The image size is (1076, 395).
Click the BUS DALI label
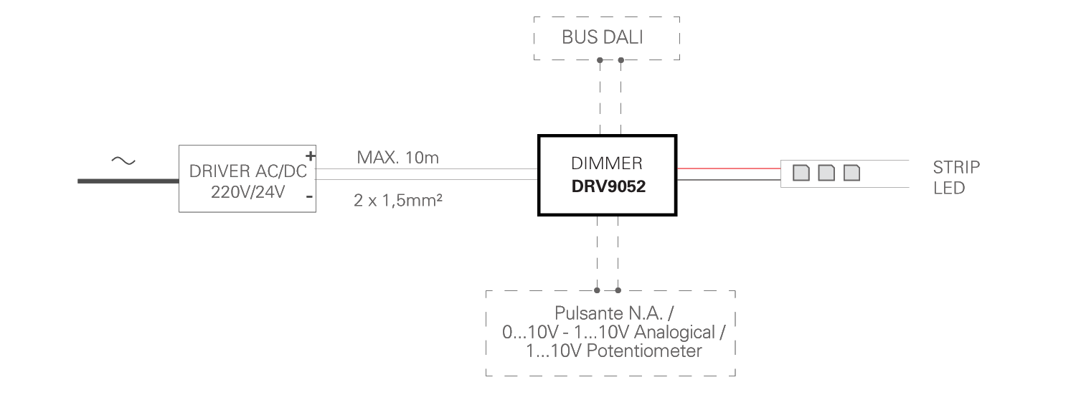(602, 37)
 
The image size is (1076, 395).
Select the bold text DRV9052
(608, 186)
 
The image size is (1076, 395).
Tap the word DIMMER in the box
(607, 163)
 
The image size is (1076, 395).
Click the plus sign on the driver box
(311, 156)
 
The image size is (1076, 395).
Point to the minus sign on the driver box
(309, 196)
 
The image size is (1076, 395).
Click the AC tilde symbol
(123, 161)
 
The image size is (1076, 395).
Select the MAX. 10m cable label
(397, 158)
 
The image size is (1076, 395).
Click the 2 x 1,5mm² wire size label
(397, 200)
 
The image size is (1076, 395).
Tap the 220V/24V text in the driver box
(248, 192)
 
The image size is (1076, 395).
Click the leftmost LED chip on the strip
(801, 173)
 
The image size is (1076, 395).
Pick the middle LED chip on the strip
(826, 173)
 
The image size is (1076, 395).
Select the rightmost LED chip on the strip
(851, 173)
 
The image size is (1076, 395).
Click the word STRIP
(956, 168)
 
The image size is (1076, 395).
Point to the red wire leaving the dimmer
(729, 168)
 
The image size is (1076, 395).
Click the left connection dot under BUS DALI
(600, 60)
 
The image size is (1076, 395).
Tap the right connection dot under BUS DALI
(621, 60)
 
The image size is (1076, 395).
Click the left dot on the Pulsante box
(597, 290)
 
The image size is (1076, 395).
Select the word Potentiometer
(644, 351)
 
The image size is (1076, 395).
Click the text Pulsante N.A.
(609, 313)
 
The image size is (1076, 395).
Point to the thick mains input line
(128, 181)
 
